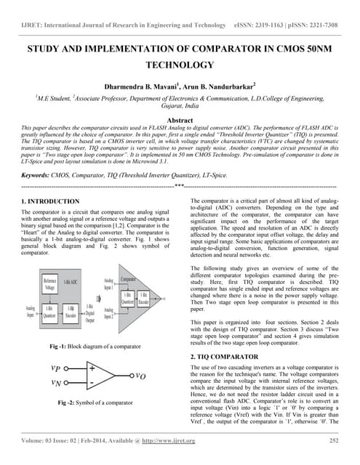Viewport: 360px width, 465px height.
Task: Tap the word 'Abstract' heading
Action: [180, 120]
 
